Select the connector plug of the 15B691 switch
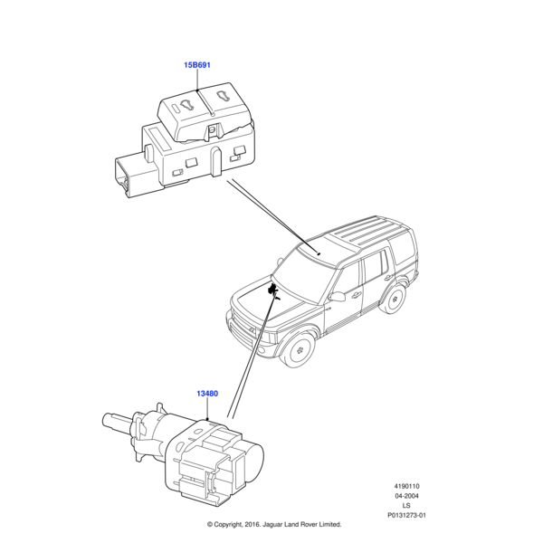tap(126, 176)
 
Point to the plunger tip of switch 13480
tap(107, 418)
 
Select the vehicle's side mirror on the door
tap(337, 295)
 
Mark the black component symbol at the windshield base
tap(273, 290)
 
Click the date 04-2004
tap(406, 497)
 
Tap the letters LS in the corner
tap(406, 507)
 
